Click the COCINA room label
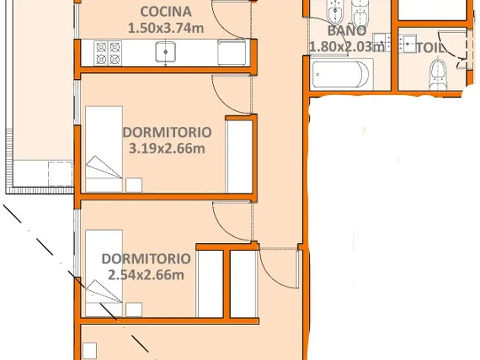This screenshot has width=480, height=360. pos(166,12)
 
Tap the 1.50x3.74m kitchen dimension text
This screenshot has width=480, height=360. pos(165,28)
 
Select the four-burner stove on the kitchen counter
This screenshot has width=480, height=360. pos(108,53)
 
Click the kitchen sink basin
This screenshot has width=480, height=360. pos(165,52)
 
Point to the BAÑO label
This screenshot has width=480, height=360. pos(347,30)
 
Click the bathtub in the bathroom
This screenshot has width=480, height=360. pos(341,75)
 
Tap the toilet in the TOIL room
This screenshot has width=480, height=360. pos(438,75)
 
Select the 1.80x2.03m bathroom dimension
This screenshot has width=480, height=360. pos(346,47)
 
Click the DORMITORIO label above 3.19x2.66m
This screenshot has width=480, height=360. pos(167,132)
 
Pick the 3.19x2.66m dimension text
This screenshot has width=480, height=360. pos(167,149)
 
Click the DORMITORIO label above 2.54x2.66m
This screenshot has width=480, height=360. pos(146,259)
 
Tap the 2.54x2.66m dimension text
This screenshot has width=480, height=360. pos(146,275)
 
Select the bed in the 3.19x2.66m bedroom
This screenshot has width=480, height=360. pos(104,149)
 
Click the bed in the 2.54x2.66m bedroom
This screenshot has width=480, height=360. pos(104,273)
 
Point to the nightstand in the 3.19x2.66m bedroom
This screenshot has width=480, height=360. pos(134,185)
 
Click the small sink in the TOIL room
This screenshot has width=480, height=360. pos(407,44)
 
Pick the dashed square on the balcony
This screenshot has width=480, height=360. pos(60,173)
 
